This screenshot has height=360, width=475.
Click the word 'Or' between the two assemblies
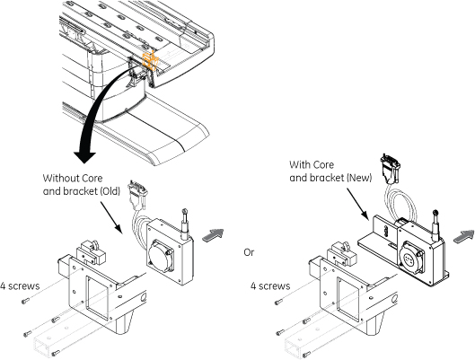[249, 252]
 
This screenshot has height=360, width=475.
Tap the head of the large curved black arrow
[85, 157]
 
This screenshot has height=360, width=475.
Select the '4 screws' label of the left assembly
[20, 286]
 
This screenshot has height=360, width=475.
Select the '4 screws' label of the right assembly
[270, 286]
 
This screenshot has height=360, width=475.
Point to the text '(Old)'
[110, 191]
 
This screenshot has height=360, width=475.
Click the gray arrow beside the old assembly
[213, 234]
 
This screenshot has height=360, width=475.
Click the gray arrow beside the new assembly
[464, 236]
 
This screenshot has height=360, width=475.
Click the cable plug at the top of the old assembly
[136, 195]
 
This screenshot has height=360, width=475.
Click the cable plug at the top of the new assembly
[391, 169]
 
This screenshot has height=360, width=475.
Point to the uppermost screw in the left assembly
[25, 301]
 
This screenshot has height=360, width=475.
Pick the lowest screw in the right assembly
[306, 353]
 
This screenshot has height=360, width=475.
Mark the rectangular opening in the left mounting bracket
[97, 298]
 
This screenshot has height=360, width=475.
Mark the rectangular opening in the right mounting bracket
[348, 299]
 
